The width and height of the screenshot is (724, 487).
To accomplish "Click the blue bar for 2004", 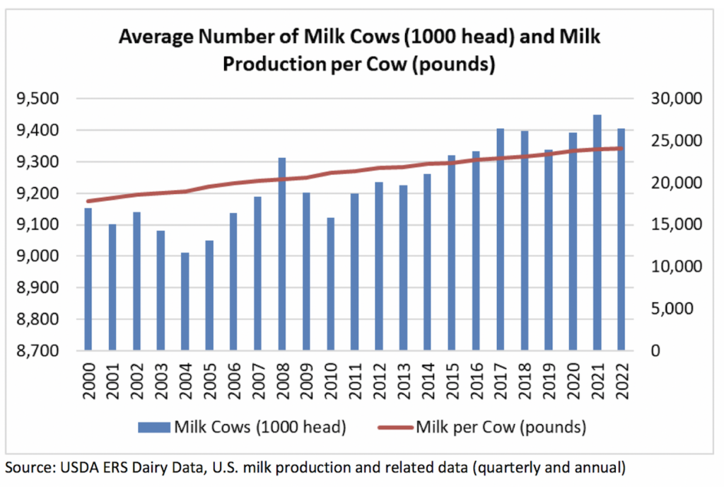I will [x=185, y=302].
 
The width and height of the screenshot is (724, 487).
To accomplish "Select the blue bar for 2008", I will [x=282, y=254].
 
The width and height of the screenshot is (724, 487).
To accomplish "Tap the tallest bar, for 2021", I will [x=597, y=233].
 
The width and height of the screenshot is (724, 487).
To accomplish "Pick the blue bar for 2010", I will [x=330, y=284].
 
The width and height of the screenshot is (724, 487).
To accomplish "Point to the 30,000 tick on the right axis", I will [x=675, y=99].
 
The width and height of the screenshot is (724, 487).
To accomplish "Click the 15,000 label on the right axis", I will [x=675, y=225].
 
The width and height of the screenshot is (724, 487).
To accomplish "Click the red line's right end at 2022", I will [x=621, y=149].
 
